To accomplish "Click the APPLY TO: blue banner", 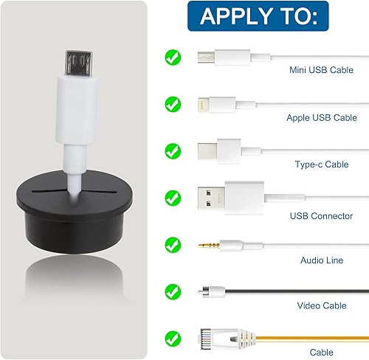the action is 258,16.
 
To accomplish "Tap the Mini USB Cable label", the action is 321,70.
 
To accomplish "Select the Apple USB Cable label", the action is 322,118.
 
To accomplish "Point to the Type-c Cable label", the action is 322,165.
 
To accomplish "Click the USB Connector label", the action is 321,216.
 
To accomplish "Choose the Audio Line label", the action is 322,260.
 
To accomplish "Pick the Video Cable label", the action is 322,305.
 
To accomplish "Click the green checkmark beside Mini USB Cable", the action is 173,58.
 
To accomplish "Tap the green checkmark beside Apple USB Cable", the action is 173,104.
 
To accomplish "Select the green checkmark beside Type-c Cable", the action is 173,151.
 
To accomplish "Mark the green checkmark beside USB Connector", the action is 173,198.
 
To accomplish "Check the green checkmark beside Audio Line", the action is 173,245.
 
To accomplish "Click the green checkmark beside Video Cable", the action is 173,292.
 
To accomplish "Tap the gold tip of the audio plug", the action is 209,245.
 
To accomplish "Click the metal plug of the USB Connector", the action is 211,198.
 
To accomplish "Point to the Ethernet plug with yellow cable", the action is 227,339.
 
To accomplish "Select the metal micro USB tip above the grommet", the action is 79,63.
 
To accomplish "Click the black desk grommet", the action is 75,212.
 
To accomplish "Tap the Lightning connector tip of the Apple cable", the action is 204,105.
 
